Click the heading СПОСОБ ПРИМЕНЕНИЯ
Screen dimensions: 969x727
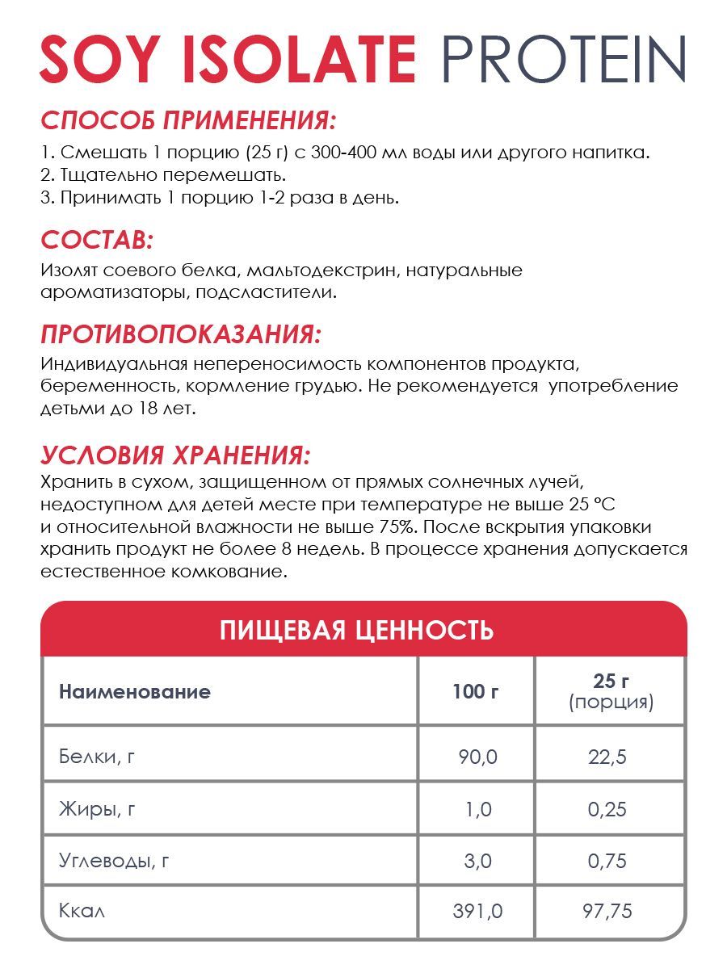[x=187, y=121]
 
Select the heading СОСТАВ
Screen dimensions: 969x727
[x=97, y=240]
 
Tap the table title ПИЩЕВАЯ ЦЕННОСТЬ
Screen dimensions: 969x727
[x=356, y=630]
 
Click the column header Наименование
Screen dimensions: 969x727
[x=135, y=691]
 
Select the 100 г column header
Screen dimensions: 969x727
[x=476, y=691]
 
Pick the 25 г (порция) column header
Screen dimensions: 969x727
[x=611, y=691]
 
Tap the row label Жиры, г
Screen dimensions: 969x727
[x=97, y=809]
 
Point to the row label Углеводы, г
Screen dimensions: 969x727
[x=114, y=861]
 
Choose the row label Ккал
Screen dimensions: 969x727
[x=82, y=912]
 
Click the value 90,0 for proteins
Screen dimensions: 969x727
[x=478, y=757]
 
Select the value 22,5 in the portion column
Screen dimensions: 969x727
[x=609, y=757]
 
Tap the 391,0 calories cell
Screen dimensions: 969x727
[x=477, y=912]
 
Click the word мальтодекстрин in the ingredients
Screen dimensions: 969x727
[x=321, y=269]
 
